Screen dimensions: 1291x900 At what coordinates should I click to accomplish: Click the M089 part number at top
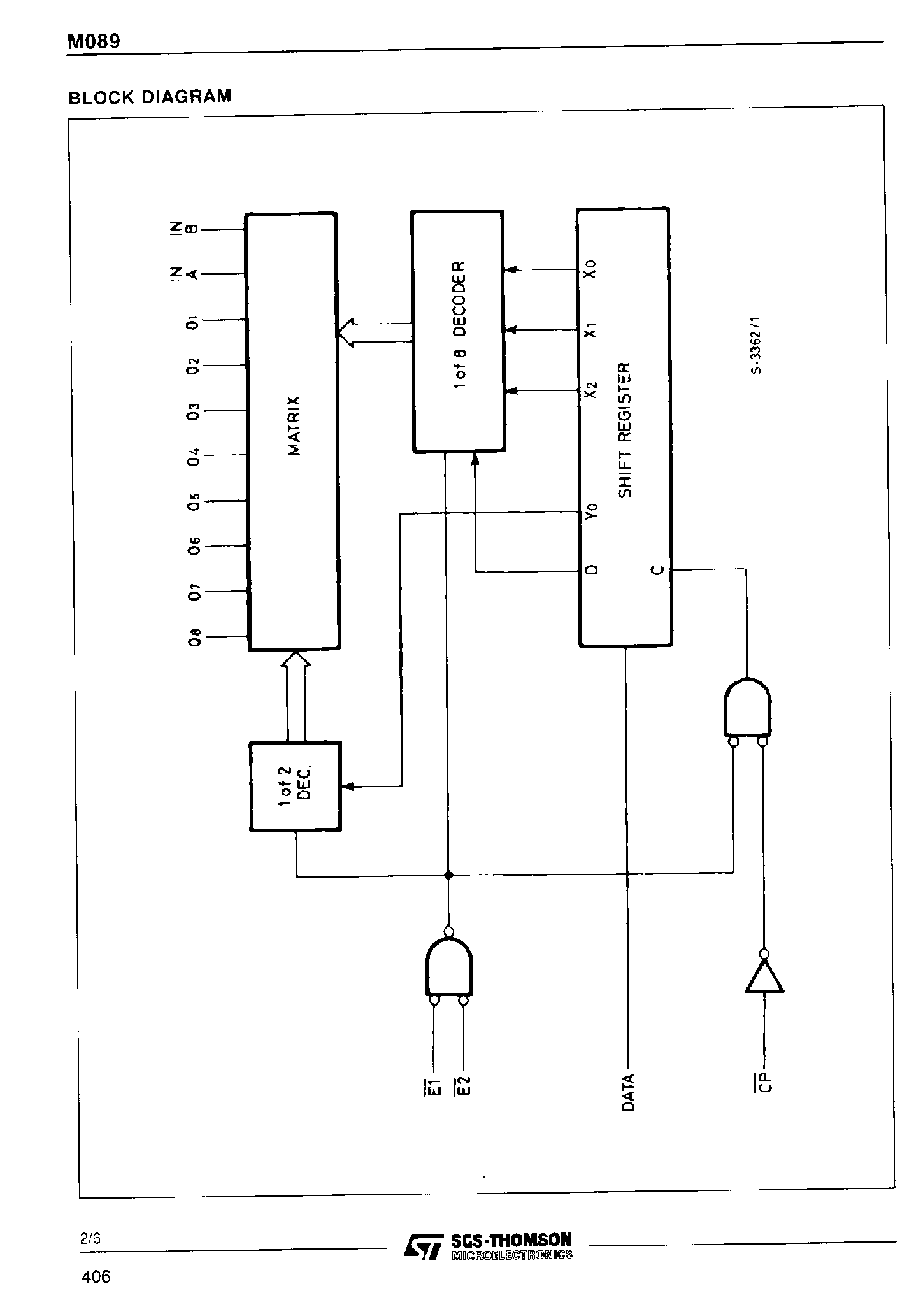coord(94,42)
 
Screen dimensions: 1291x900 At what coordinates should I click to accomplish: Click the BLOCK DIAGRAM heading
coord(150,97)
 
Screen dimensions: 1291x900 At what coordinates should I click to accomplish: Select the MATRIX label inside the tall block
coord(294,425)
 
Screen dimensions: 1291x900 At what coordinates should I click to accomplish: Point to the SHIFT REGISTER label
coord(625,430)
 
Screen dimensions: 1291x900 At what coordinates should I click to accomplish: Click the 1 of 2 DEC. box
coord(296,786)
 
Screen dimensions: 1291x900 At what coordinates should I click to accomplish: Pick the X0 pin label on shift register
coord(591,269)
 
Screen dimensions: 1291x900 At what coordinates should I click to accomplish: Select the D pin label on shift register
coord(591,569)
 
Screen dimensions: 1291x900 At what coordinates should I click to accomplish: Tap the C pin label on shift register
coord(657,569)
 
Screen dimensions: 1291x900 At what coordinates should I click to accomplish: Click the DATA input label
coord(628,1092)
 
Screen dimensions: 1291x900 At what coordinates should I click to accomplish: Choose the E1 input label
coord(434,1086)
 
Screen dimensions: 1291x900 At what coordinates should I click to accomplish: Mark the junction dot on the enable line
coord(448,875)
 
